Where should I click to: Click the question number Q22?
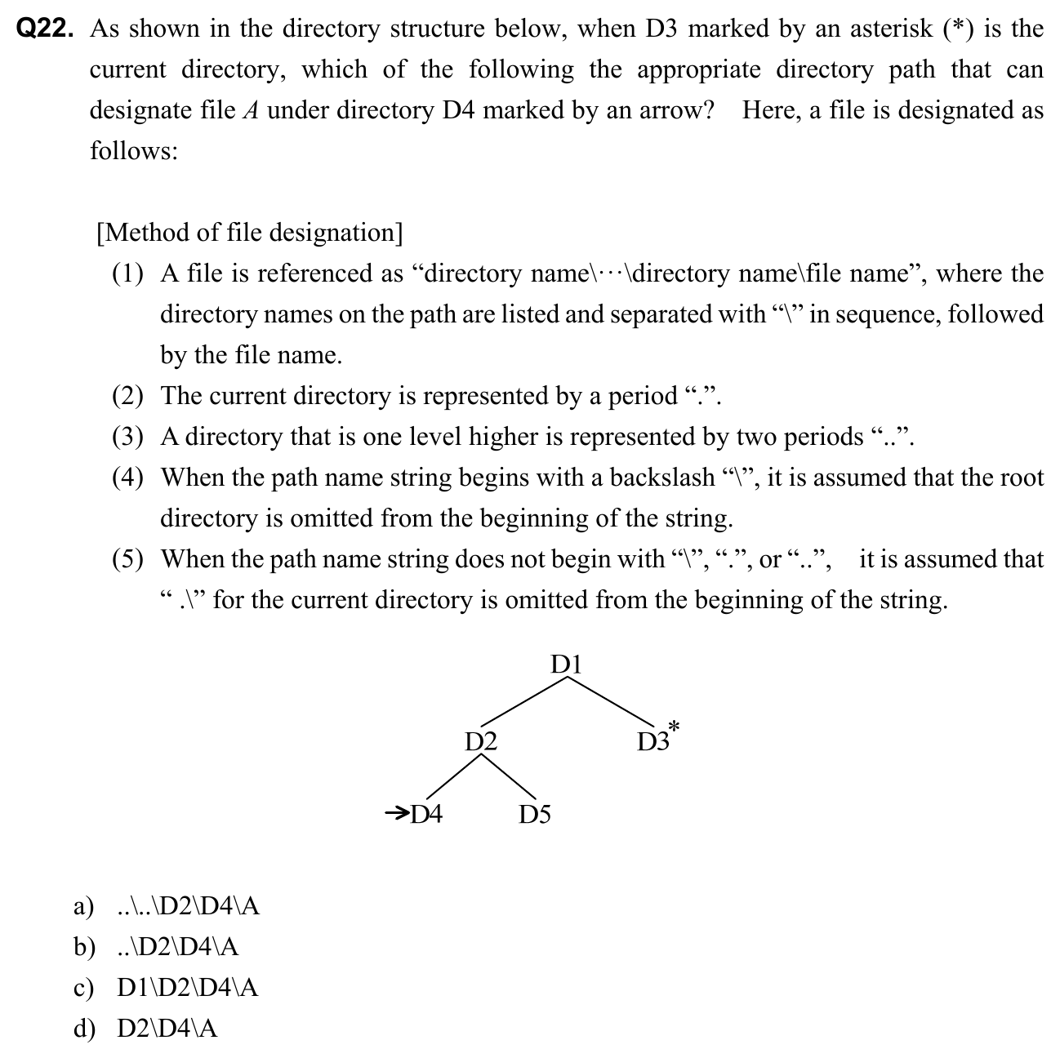pyautogui.click(x=46, y=30)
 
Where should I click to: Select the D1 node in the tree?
pyautogui.click(x=566, y=663)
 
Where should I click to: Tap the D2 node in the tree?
pyautogui.click(x=481, y=741)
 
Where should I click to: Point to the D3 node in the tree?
pyautogui.click(x=652, y=741)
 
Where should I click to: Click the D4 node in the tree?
pyautogui.click(x=425, y=814)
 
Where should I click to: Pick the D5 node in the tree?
pyautogui.click(x=535, y=815)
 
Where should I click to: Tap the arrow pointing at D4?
pyautogui.click(x=397, y=812)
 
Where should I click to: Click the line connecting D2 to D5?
pyautogui.click(x=508, y=776)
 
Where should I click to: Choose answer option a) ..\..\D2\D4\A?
pyautogui.click(x=167, y=906)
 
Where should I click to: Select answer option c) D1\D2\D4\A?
pyautogui.click(x=167, y=988)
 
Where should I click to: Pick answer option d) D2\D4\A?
pyautogui.click(x=146, y=1029)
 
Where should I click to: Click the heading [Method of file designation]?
pyautogui.click(x=249, y=233)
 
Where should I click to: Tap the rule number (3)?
pyautogui.click(x=127, y=437)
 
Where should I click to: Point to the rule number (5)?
pyautogui.click(x=127, y=559)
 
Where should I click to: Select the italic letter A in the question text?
pyautogui.click(x=251, y=111)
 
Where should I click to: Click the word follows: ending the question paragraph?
pyautogui.click(x=133, y=152)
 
